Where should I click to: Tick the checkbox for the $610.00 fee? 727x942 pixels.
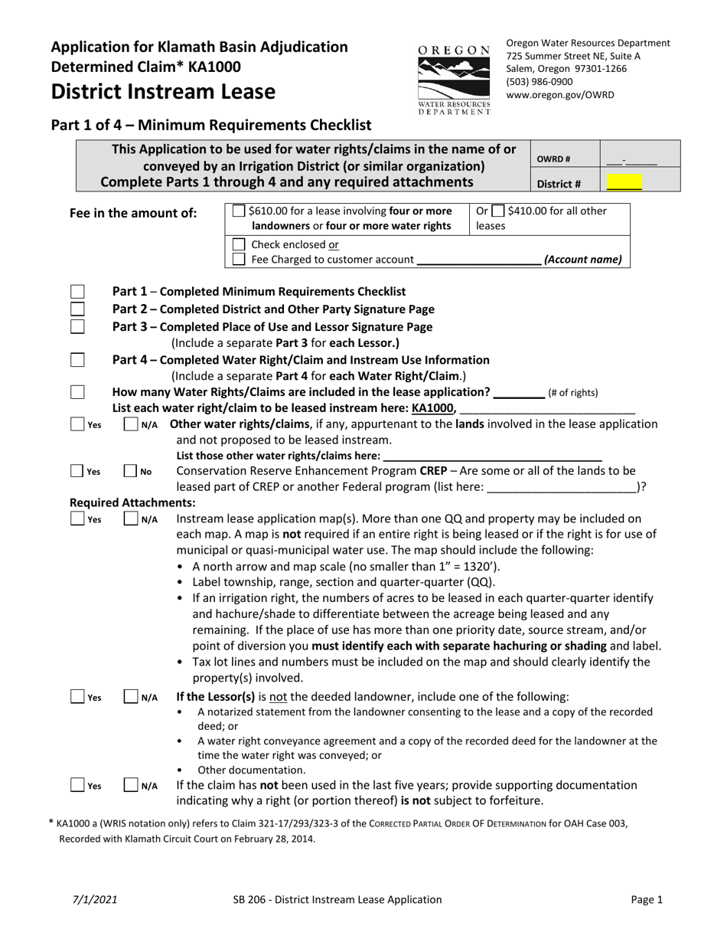tap(239, 211)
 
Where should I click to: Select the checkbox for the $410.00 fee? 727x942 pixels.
tap(497, 211)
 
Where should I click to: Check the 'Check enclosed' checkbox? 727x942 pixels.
tap(239, 244)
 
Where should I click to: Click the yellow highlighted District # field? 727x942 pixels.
tap(624, 183)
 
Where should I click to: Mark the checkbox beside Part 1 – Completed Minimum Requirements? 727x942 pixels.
tap(77, 292)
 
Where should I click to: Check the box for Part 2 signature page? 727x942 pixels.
tap(77, 309)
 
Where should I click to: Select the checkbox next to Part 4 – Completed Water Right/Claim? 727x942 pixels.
tap(77, 360)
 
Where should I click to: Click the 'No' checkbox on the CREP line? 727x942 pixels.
tap(131, 472)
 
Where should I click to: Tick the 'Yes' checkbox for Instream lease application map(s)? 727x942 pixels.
tap(77, 519)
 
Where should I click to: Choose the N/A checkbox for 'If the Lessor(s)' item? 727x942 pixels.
tap(131, 697)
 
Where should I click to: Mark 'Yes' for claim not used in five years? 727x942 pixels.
tap(77, 785)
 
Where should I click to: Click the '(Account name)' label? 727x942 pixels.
tap(582, 260)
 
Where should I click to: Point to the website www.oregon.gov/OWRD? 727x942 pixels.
tap(549, 95)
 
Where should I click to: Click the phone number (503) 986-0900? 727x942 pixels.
tap(539, 81)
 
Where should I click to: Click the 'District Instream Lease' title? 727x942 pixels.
tap(163, 92)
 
